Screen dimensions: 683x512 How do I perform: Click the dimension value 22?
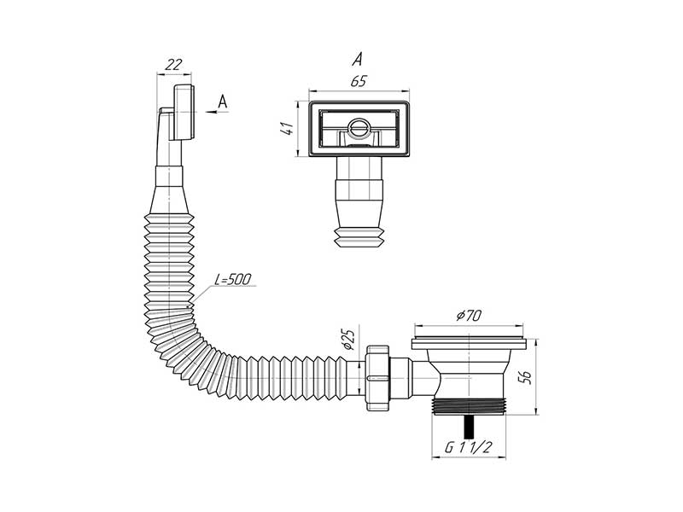click(173, 65)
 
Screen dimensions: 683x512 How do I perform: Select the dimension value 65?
click(359, 81)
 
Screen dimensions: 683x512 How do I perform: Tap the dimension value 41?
click(288, 129)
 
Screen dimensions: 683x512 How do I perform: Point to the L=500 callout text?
click(233, 279)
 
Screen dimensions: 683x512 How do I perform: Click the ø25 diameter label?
click(349, 340)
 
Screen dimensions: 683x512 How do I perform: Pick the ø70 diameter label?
click(469, 315)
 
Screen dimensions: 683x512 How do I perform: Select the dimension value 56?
click(525, 377)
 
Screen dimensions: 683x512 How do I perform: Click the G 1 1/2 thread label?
click(468, 447)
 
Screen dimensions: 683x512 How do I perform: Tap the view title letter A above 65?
click(357, 59)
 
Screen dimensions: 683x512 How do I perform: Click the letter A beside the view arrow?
click(223, 102)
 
